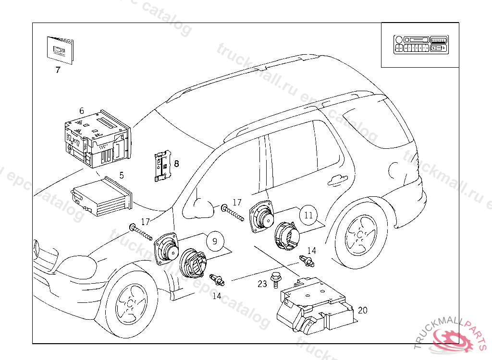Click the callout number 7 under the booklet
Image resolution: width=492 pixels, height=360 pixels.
(58, 70)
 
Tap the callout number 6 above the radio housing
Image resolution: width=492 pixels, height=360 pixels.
(82, 111)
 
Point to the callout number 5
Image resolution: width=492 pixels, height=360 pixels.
(122, 175)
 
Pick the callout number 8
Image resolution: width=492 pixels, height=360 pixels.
(176, 164)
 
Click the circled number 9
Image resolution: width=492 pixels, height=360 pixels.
(215, 241)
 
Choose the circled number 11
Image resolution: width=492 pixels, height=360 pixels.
(308, 216)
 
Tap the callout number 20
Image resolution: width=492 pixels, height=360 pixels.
(363, 311)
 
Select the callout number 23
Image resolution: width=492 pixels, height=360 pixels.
(262, 284)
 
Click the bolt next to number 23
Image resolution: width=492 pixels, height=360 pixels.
(275, 280)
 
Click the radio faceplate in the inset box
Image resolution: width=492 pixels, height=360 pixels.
(420, 45)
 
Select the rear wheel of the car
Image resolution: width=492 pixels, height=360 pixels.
(361, 235)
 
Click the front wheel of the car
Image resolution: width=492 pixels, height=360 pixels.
(131, 303)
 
